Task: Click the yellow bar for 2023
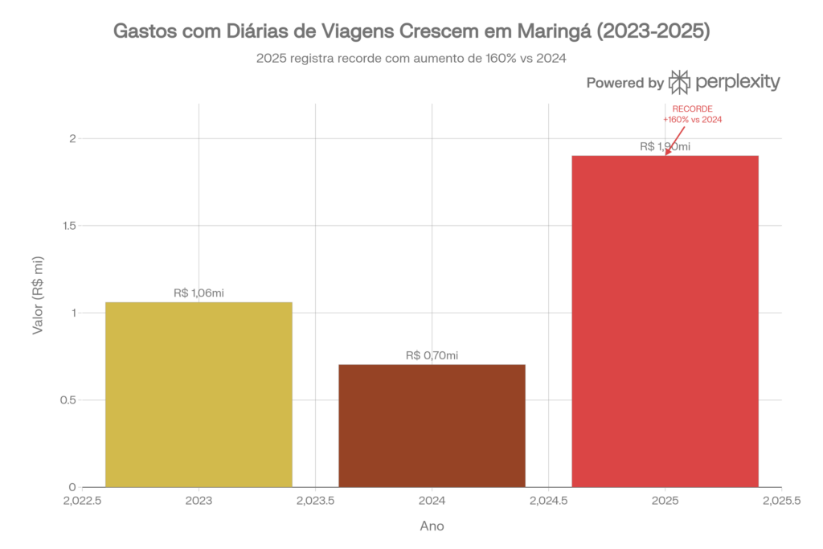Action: click(199, 394)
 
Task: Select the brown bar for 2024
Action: click(432, 425)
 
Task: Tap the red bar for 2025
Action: click(665, 321)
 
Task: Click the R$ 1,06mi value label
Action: click(199, 293)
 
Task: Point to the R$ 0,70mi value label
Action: click(432, 355)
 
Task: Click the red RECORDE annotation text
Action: click(692, 113)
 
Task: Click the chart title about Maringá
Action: click(411, 32)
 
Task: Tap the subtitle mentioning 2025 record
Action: click(411, 58)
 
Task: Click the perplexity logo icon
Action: click(680, 82)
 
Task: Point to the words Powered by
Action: click(624, 83)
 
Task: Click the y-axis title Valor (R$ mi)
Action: click(38, 296)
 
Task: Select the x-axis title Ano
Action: click(432, 526)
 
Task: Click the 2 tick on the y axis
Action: click(72, 139)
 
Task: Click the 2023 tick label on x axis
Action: click(199, 500)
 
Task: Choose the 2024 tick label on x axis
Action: click(432, 500)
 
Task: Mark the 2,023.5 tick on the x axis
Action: click(315, 500)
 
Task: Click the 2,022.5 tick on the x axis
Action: click(82, 500)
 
